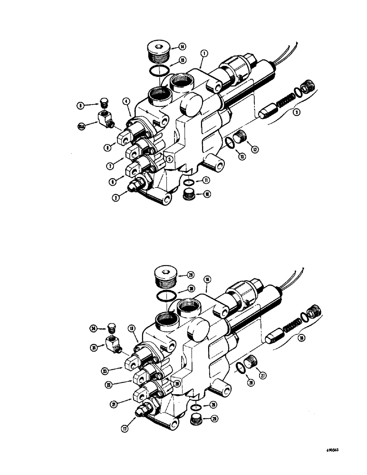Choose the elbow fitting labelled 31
tap(113, 343)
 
